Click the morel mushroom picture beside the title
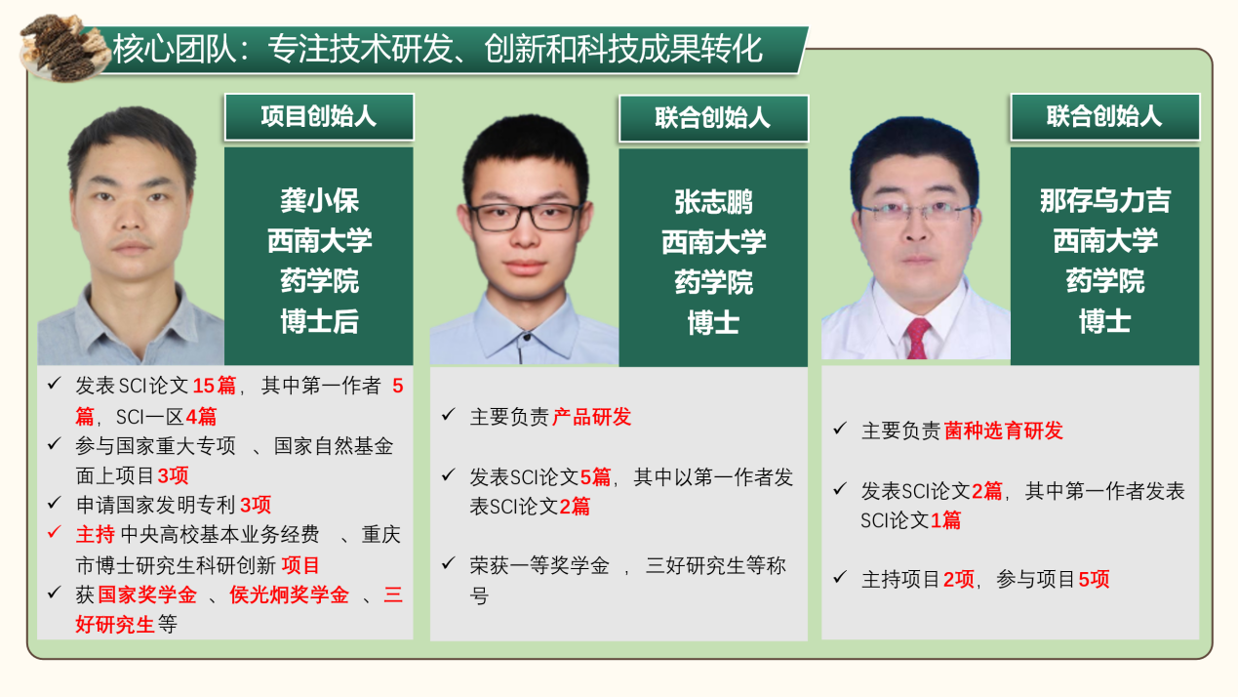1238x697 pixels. [x=62, y=49]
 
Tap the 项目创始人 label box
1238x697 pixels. [x=319, y=117]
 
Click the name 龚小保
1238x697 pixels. [x=319, y=200]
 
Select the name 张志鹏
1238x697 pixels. [x=713, y=202]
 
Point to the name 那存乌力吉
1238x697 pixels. [x=1104, y=200]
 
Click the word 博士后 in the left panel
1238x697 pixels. [x=319, y=321]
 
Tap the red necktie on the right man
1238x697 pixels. [x=917, y=338]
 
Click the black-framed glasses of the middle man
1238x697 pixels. [x=525, y=217]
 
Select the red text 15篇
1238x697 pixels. [x=214, y=386]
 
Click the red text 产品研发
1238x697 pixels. [x=591, y=417]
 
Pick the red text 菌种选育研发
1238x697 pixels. [x=1004, y=430]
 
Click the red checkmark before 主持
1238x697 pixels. [x=55, y=532]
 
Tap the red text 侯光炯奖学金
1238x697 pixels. [x=289, y=595]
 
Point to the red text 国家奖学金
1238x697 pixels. [x=147, y=595]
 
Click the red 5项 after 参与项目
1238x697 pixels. [x=1094, y=579]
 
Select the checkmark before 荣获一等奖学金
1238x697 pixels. [x=448, y=563]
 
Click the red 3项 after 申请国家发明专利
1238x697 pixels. [x=256, y=505]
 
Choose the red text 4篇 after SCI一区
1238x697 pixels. [x=201, y=417]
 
